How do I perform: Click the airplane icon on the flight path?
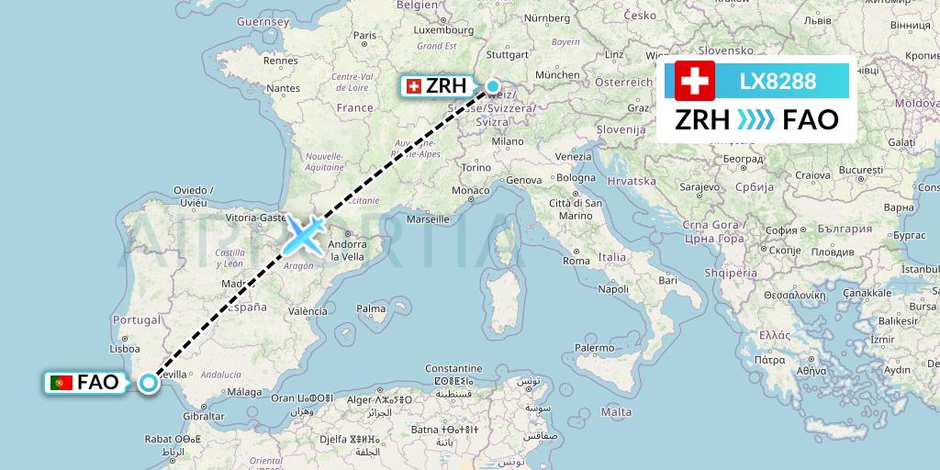tap(304, 235)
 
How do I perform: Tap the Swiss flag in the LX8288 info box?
tap(695, 81)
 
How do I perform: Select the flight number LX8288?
tap(778, 81)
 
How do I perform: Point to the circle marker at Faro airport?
tap(149, 385)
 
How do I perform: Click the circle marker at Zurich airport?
tap(493, 87)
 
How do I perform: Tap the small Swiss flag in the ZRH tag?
tap(413, 87)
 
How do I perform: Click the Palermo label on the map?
tap(594, 348)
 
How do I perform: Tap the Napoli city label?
tap(613, 288)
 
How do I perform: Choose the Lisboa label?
tap(124, 349)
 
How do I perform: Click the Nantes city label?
tap(283, 88)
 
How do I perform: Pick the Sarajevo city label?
tap(699, 186)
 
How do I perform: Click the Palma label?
tap(372, 308)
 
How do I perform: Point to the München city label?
tap(557, 74)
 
